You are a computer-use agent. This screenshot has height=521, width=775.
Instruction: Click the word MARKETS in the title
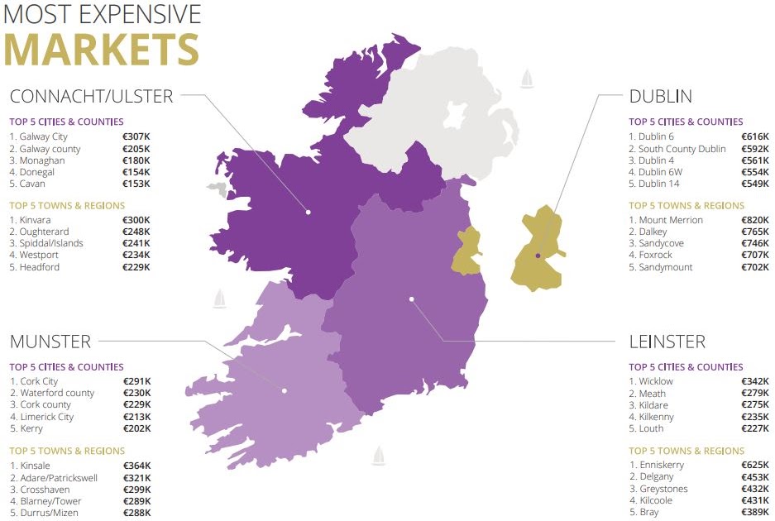[101, 50]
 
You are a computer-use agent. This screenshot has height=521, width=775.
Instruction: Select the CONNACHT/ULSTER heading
[91, 97]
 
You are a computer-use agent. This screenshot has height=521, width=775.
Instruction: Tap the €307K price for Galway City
[136, 136]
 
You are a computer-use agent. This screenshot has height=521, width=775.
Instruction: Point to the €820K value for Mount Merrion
[755, 220]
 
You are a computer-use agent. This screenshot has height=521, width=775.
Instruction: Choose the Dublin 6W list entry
[659, 172]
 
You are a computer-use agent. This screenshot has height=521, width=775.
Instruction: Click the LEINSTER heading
[667, 342]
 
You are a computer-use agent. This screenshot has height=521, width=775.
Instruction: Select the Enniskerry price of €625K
[755, 465]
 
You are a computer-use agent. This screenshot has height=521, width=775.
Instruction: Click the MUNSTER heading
[50, 342]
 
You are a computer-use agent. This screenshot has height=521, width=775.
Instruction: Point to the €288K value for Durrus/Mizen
[136, 513]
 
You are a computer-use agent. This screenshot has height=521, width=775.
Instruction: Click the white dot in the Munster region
[284, 390]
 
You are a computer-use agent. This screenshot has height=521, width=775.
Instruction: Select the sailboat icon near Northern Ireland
[527, 79]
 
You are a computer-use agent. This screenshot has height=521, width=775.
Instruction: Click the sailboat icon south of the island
[379, 455]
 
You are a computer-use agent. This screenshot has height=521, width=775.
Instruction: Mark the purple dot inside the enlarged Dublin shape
[538, 256]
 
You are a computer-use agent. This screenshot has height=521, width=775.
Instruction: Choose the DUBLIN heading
[660, 97]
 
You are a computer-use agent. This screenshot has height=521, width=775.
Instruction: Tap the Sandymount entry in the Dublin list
[665, 268]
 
